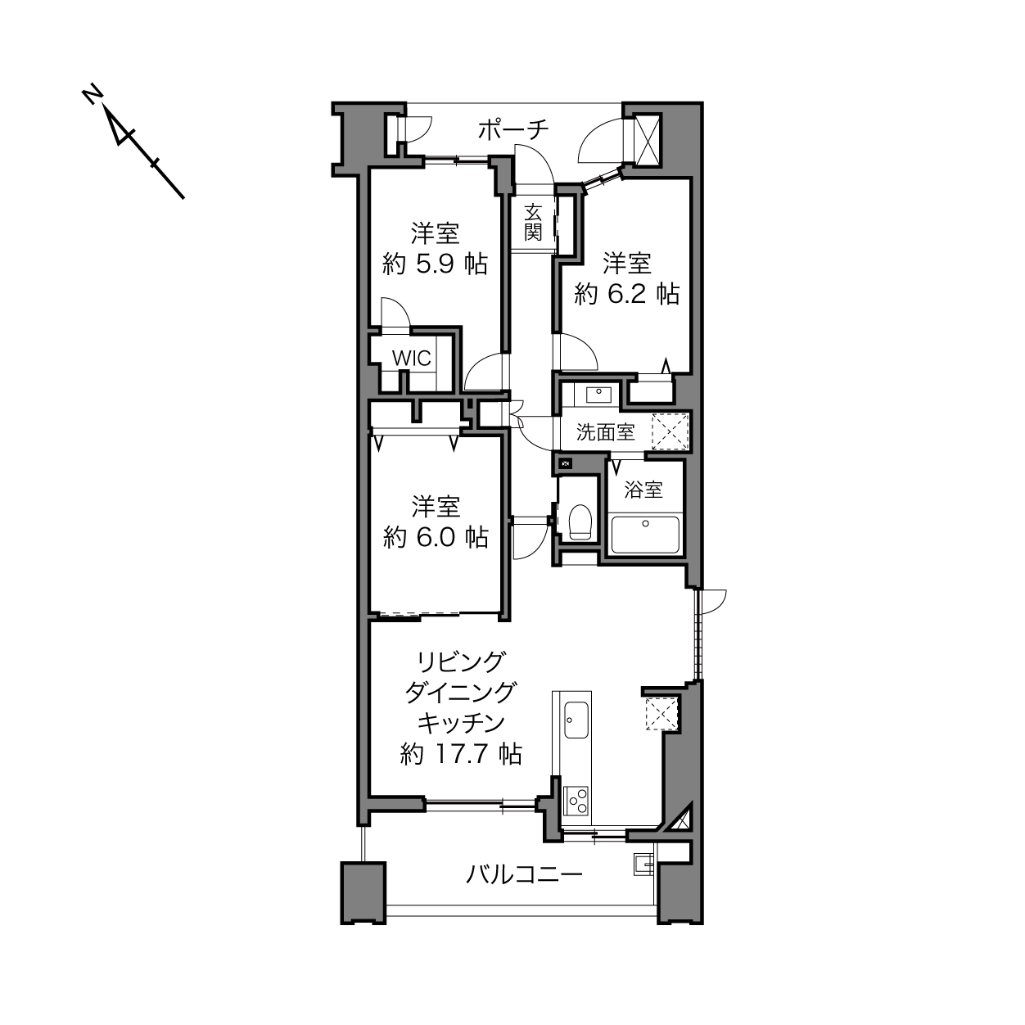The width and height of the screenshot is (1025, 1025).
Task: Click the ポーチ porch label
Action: (x=512, y=130)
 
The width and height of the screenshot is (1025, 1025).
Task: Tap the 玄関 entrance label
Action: (x=533, y=223)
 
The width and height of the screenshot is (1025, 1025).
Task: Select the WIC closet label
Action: (x=411, y=359)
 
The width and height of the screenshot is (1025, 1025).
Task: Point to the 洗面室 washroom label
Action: (x=606, y=432)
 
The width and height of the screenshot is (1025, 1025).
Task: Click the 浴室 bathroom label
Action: (x=643, y=490)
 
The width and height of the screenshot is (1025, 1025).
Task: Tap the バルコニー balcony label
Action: (x=524, y=874)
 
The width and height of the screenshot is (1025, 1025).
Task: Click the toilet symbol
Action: (x=579, y=522)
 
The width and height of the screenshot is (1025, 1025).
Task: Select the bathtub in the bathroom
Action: (x=645, y=535)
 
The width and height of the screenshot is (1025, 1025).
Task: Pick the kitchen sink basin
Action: (x=576, y=720)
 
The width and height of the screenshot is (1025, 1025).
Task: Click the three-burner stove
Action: (x=576, y=801)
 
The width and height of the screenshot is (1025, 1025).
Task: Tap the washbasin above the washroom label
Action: (x=599, y=395)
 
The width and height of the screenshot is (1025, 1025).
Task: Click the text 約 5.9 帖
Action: (x=435, y=264)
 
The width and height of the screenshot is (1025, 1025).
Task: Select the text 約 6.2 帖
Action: (x=626, y=294)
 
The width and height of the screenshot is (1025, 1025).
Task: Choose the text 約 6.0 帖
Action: (x=436, y=538)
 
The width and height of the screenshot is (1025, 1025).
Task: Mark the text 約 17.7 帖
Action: (x=461, y=754)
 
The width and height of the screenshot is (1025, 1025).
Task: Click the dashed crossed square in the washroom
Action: (x=671, y=431)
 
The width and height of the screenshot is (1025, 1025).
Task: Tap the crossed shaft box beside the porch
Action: (x=647, y=141)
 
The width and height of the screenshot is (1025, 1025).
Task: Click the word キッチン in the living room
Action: (x=461, y=723)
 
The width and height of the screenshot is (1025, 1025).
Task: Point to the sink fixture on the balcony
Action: (x=643, y=865)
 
